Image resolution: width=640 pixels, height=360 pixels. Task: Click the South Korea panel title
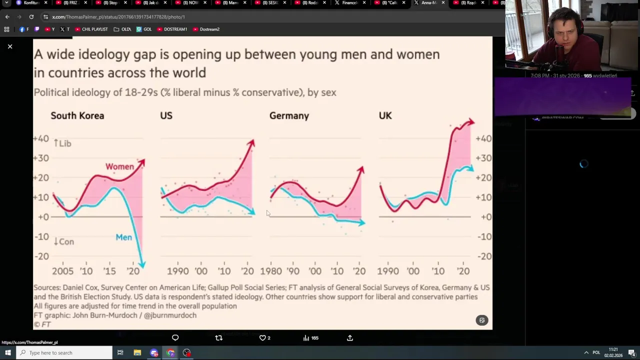[x=77, y=115]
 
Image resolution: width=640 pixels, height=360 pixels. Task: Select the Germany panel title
[x=289, y=115]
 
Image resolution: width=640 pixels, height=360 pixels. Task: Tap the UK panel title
[x=385, y=115]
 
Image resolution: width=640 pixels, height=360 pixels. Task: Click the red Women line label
[x=119, y=166]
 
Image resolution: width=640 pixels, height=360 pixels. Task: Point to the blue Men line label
[x=124, y=237]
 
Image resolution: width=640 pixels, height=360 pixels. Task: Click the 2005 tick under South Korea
[x=62, y=271]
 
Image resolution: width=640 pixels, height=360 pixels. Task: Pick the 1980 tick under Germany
[x=270, y=271]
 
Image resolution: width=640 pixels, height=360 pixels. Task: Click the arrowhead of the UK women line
[x=471, y=121]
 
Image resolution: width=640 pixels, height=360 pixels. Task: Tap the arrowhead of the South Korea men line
[x=142, y=264]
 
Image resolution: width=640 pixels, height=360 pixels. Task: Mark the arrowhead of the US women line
[x=251, y=143]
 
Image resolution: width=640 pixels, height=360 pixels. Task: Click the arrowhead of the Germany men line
[x=362, y=222]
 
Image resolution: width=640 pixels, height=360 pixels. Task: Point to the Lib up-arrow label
[x=62, y=143]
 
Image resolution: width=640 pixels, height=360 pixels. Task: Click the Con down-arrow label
[x=63, y=241]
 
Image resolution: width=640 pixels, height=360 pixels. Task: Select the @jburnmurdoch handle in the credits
[x=170, y=315]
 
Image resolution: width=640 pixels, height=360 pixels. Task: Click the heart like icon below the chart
[x=262, y=338]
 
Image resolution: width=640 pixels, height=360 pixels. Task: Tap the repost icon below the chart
[x=218, y=338]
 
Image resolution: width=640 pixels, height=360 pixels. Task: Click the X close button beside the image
[x=9, y=46]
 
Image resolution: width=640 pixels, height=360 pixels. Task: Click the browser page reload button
[x=31, y=17]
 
